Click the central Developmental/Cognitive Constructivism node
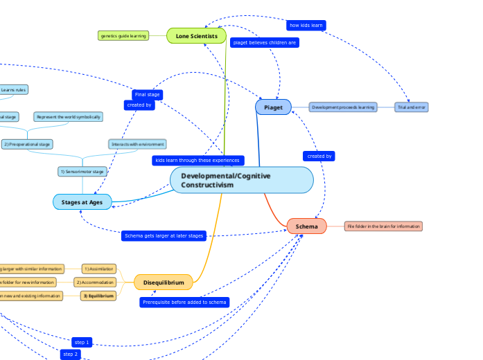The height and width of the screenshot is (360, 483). click(x=241, y=180)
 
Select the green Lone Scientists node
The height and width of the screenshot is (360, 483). click(x=197, y=35)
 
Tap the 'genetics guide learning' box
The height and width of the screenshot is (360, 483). click(x=123, y=35)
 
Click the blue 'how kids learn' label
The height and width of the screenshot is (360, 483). click(x=306, y=26)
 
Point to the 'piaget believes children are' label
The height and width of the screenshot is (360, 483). click(x=264, y=42)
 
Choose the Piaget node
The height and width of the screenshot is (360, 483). click(x=273, y=107)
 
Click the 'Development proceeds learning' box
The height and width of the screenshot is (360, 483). click(x=342, y=107)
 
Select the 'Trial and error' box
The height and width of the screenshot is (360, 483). click(x=411, y=107)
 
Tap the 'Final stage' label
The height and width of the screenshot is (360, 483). click(x=147, y=94)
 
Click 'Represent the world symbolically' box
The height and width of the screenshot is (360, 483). click(x=68, y=117)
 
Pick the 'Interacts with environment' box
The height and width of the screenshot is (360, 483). click(x=137, y=144)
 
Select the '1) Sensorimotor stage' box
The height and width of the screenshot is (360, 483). click(x=82, y=171)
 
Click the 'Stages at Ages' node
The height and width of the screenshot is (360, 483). click(x=82, y=201)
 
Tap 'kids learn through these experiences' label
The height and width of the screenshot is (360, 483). click(x=197, y=161)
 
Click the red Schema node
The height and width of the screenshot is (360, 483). click(x=306, y=226)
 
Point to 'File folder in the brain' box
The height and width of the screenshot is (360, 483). click(x=383, y=226)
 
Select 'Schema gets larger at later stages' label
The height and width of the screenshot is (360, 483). click(x=164, y=236)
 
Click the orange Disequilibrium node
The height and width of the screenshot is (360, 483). click(x=163, y=282)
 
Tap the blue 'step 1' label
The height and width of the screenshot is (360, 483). click(x=81, y=342)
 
